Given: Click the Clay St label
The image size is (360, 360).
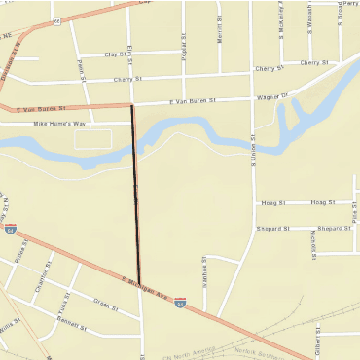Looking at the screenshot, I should pos(117,54).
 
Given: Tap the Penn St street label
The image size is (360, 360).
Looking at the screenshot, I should pos(82,70).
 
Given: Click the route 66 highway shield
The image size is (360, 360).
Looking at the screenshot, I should pos(57,19).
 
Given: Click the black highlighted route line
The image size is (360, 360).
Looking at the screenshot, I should pos(135,195).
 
